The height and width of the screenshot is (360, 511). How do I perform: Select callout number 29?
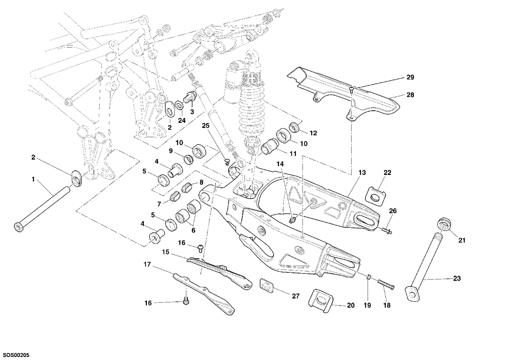coord(410,77)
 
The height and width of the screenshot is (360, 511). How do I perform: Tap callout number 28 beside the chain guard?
coord(410,95)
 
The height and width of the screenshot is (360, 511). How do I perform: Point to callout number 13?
coord(362,173)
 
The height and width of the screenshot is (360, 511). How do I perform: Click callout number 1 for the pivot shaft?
coord(33,180)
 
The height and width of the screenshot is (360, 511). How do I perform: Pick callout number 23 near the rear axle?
coord(456,278)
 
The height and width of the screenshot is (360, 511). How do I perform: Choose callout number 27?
coord(296,296)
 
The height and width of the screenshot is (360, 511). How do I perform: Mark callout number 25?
coord(206,126)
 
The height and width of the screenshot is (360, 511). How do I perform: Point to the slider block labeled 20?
coord(320,300)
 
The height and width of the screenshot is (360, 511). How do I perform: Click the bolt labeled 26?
coord(387,230)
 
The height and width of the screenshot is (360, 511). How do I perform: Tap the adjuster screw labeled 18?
coord(386,285)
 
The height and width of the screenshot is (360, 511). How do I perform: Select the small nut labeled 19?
coord(368,277)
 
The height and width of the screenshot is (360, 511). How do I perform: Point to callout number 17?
coord(147,265)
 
